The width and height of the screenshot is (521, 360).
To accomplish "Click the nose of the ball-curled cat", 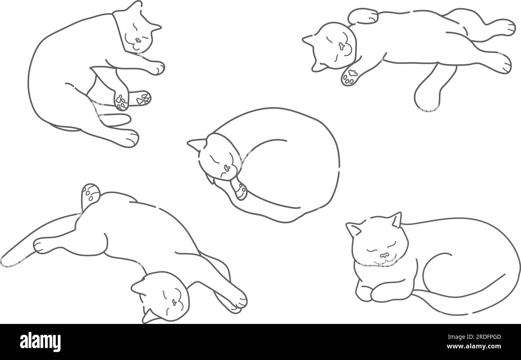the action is tap(227, 167).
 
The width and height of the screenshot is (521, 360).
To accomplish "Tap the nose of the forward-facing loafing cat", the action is tap(384, 255).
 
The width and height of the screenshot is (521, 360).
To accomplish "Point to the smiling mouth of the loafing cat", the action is tap(384, 261).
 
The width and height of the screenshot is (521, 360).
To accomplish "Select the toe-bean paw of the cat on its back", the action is tap(350, 76).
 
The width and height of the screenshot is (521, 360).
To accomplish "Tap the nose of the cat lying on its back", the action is tap(342, 46).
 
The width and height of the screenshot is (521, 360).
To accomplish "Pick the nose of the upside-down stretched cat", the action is tap(174, 302).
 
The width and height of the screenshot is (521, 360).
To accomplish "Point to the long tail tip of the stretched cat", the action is tap(7, 261).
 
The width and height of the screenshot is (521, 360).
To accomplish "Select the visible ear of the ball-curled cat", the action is tap(197, 144).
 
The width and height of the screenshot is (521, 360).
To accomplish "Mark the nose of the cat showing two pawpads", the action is tap(138, 41).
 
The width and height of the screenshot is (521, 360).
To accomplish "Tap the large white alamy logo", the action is tap(40, 343).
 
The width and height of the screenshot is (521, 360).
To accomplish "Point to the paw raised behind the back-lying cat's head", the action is tap(363, 16).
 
